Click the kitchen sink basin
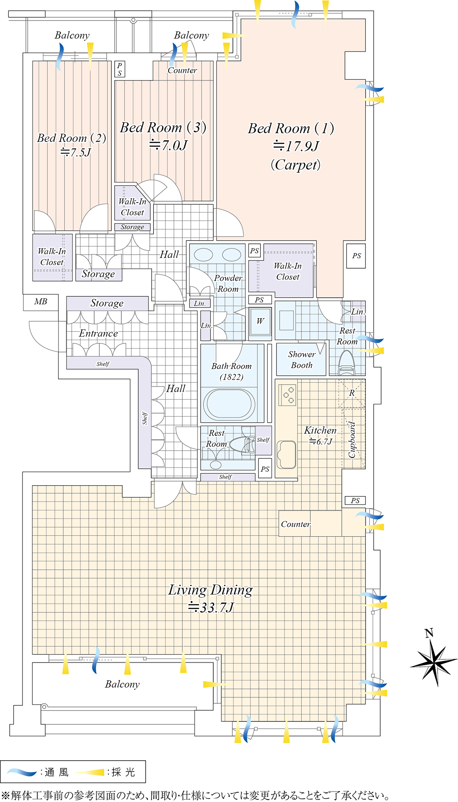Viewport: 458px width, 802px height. click(286, 454)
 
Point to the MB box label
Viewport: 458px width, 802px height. click(40, 302)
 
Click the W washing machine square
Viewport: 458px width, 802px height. click(260, 322)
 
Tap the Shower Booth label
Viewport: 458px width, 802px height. click(301, 360)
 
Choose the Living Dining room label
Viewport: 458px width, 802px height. click(210, 590)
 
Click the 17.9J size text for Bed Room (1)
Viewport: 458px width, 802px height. click(296, 146)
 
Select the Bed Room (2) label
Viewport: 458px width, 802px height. click(71, 138)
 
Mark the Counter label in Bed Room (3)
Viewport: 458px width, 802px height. click(182, 71)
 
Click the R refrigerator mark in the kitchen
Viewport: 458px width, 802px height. click(352, 393)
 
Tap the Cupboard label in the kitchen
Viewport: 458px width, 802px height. click(352, 439)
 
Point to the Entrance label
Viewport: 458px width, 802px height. click(98, 334)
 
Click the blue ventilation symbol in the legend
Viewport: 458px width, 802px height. click(22, 772)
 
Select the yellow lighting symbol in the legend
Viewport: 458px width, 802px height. click(90, 772)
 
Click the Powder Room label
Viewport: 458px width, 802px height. click(228, 284)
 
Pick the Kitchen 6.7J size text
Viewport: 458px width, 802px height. click(321, 442)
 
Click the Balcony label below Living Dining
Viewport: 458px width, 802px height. click(122, 685)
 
